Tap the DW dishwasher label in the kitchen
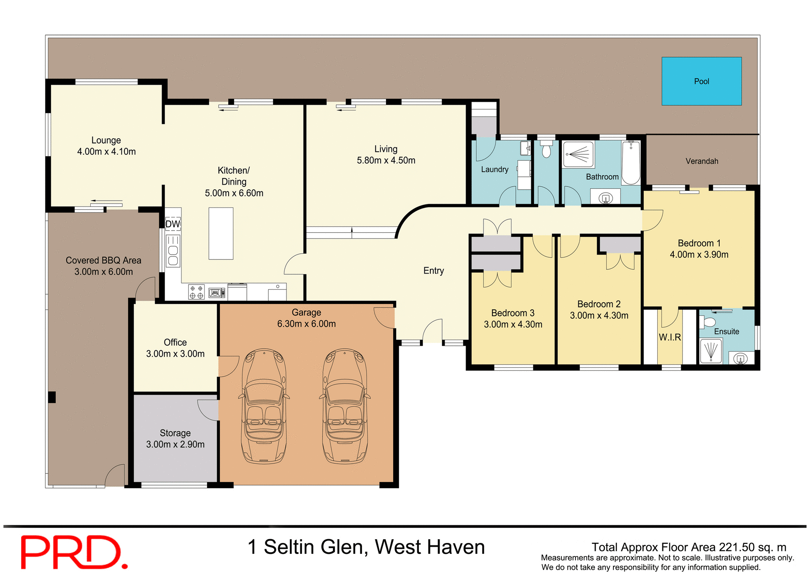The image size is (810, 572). click(x=173, y=224)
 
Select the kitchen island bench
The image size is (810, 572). click(x=221, y=233)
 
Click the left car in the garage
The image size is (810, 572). click(x=264, y=406)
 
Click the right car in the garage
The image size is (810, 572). click(x=345, y=406)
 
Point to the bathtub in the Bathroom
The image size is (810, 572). click(x=631, y=162)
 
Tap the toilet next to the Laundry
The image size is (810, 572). click(x=546, y=150)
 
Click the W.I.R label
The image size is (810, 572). click(x=670, y=337)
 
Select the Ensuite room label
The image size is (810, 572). click(x=726, y=331)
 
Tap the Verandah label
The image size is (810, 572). click(x=702, y=161)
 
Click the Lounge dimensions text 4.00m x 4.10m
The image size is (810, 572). click(x=106, y=152)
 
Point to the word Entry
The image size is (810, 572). click(x=433, y=271)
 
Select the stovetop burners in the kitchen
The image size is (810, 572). click(x=196, y=292)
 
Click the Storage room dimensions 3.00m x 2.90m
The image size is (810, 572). click(x=175, y=444)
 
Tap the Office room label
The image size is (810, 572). click(x=175, y=342)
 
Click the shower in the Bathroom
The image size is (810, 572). click(x=578, y=154)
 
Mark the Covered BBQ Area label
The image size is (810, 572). click(x=103, y=260)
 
